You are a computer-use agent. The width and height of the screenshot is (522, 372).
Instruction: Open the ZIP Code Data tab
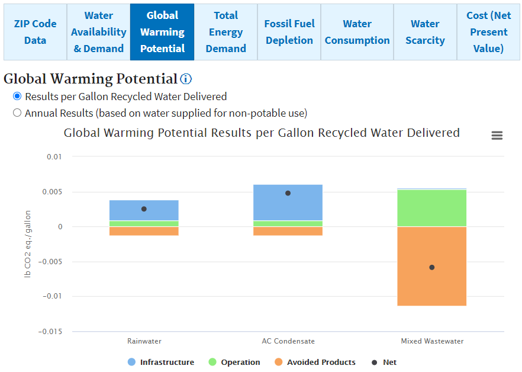[36, 32]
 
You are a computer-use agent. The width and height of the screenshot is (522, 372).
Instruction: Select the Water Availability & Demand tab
[99, 32]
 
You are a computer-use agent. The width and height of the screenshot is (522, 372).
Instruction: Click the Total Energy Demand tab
[226, 32]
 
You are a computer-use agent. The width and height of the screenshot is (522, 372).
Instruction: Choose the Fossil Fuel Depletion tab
[289, 32]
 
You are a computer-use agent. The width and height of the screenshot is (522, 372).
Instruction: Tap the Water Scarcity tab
[425, 32]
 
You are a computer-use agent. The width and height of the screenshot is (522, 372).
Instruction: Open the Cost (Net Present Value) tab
[489, 32]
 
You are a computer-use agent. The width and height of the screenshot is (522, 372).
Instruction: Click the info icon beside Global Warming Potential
[186, 79]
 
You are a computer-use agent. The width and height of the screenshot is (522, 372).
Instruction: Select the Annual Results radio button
[17, 113]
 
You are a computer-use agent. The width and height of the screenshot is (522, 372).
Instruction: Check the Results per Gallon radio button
[17, 96]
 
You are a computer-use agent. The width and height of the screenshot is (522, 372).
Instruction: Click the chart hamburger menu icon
[497, 136]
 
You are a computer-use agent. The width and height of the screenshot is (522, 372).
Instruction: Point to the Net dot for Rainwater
[144, 209]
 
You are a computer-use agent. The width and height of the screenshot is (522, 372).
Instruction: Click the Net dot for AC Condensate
[288, 193]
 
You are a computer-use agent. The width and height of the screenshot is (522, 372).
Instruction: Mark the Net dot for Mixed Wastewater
[432, 267]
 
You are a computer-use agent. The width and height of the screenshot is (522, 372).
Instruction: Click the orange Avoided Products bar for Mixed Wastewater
[432, 284]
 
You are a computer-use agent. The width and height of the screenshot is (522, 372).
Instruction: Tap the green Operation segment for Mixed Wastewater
[432, 207]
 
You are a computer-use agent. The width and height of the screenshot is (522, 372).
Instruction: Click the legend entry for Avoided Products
[314, 362]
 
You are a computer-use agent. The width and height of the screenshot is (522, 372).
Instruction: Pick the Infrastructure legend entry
[160, 362]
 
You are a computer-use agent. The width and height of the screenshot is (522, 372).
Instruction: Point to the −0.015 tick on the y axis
[50, 331]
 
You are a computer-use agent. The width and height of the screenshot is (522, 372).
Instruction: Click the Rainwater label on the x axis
[144, 341]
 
